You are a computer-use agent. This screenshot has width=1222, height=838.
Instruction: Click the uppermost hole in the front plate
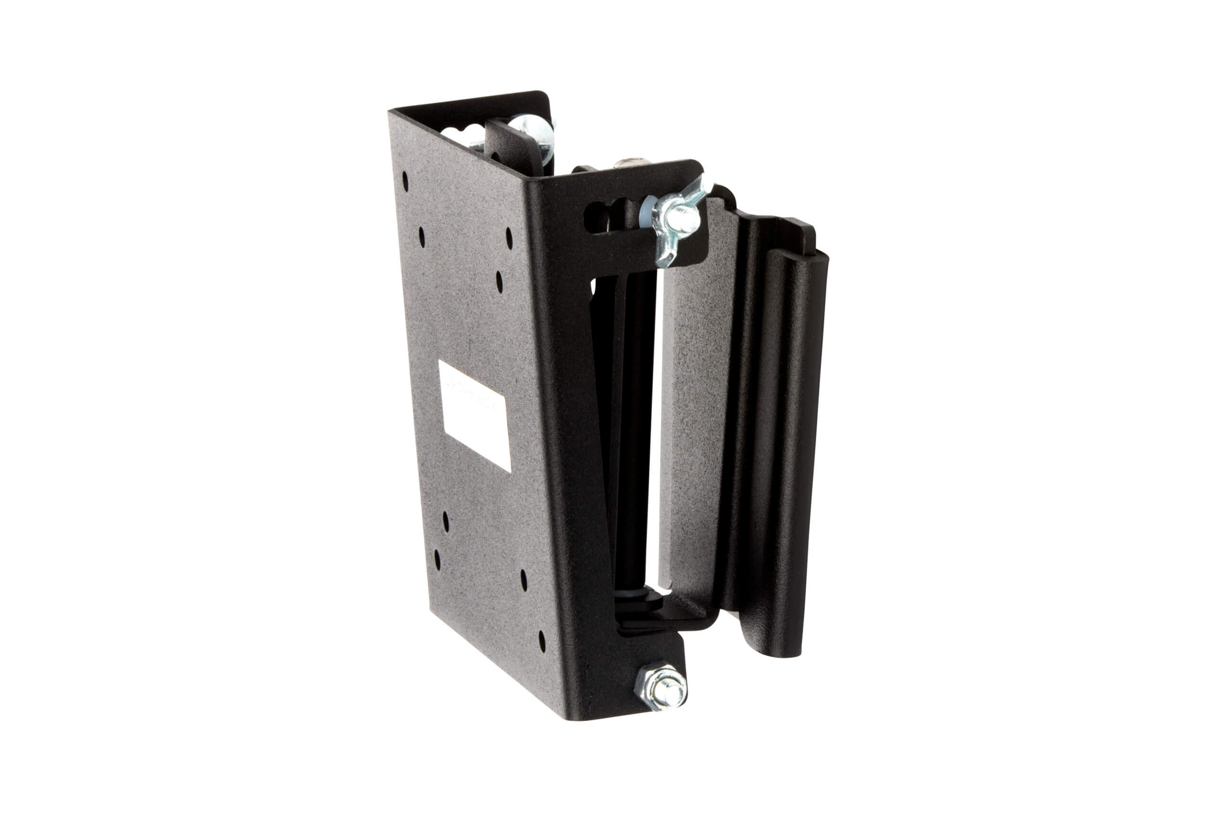point(405,181)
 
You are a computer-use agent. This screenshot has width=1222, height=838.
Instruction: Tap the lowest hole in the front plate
point(542,640)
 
